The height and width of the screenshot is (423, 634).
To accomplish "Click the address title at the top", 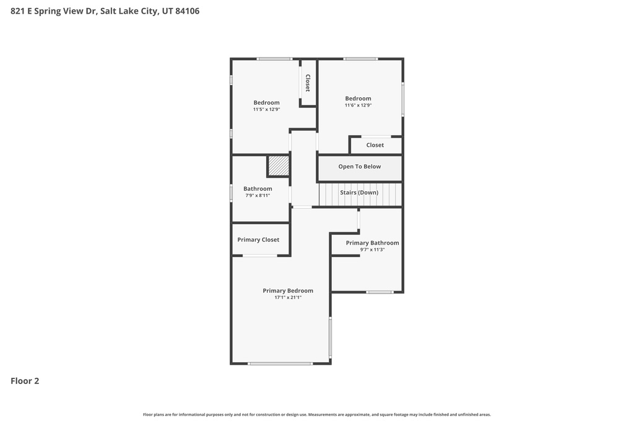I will pos(105,11).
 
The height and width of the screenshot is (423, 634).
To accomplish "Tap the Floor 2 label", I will pos(25,381).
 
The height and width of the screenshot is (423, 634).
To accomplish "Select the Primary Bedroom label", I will pos(288,290).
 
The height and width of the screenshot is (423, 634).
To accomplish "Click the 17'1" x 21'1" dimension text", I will pos(288,297).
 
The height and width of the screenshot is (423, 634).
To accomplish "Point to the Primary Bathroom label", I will pos(372,243).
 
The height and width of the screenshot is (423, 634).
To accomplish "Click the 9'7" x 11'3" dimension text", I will pos(372,250).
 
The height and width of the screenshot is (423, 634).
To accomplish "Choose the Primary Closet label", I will pos(258,240).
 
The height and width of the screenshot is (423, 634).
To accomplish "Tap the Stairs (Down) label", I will pos(359,193).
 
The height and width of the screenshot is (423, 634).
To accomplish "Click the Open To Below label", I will pos(359,167).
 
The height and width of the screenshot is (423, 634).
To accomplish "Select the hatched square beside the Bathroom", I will pos(279,166).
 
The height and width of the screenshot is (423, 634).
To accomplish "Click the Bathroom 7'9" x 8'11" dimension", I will pos(258,196).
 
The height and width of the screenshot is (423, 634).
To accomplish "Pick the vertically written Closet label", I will pos(307,83).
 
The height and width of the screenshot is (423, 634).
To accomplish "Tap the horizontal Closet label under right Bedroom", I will pos(375,145).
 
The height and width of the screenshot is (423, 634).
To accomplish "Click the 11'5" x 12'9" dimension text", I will pos(266,110).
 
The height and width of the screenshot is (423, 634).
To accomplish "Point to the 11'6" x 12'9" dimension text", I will pos(358,105).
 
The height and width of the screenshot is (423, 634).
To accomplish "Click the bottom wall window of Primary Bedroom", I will pos(280,364).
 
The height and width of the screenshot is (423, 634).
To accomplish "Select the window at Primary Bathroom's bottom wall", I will pos(379,292).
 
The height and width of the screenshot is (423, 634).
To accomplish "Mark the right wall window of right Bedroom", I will pos(402,99).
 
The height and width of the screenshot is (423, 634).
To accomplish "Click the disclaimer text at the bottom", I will pos(317,414).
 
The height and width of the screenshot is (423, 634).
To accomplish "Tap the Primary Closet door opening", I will pos(259,255).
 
